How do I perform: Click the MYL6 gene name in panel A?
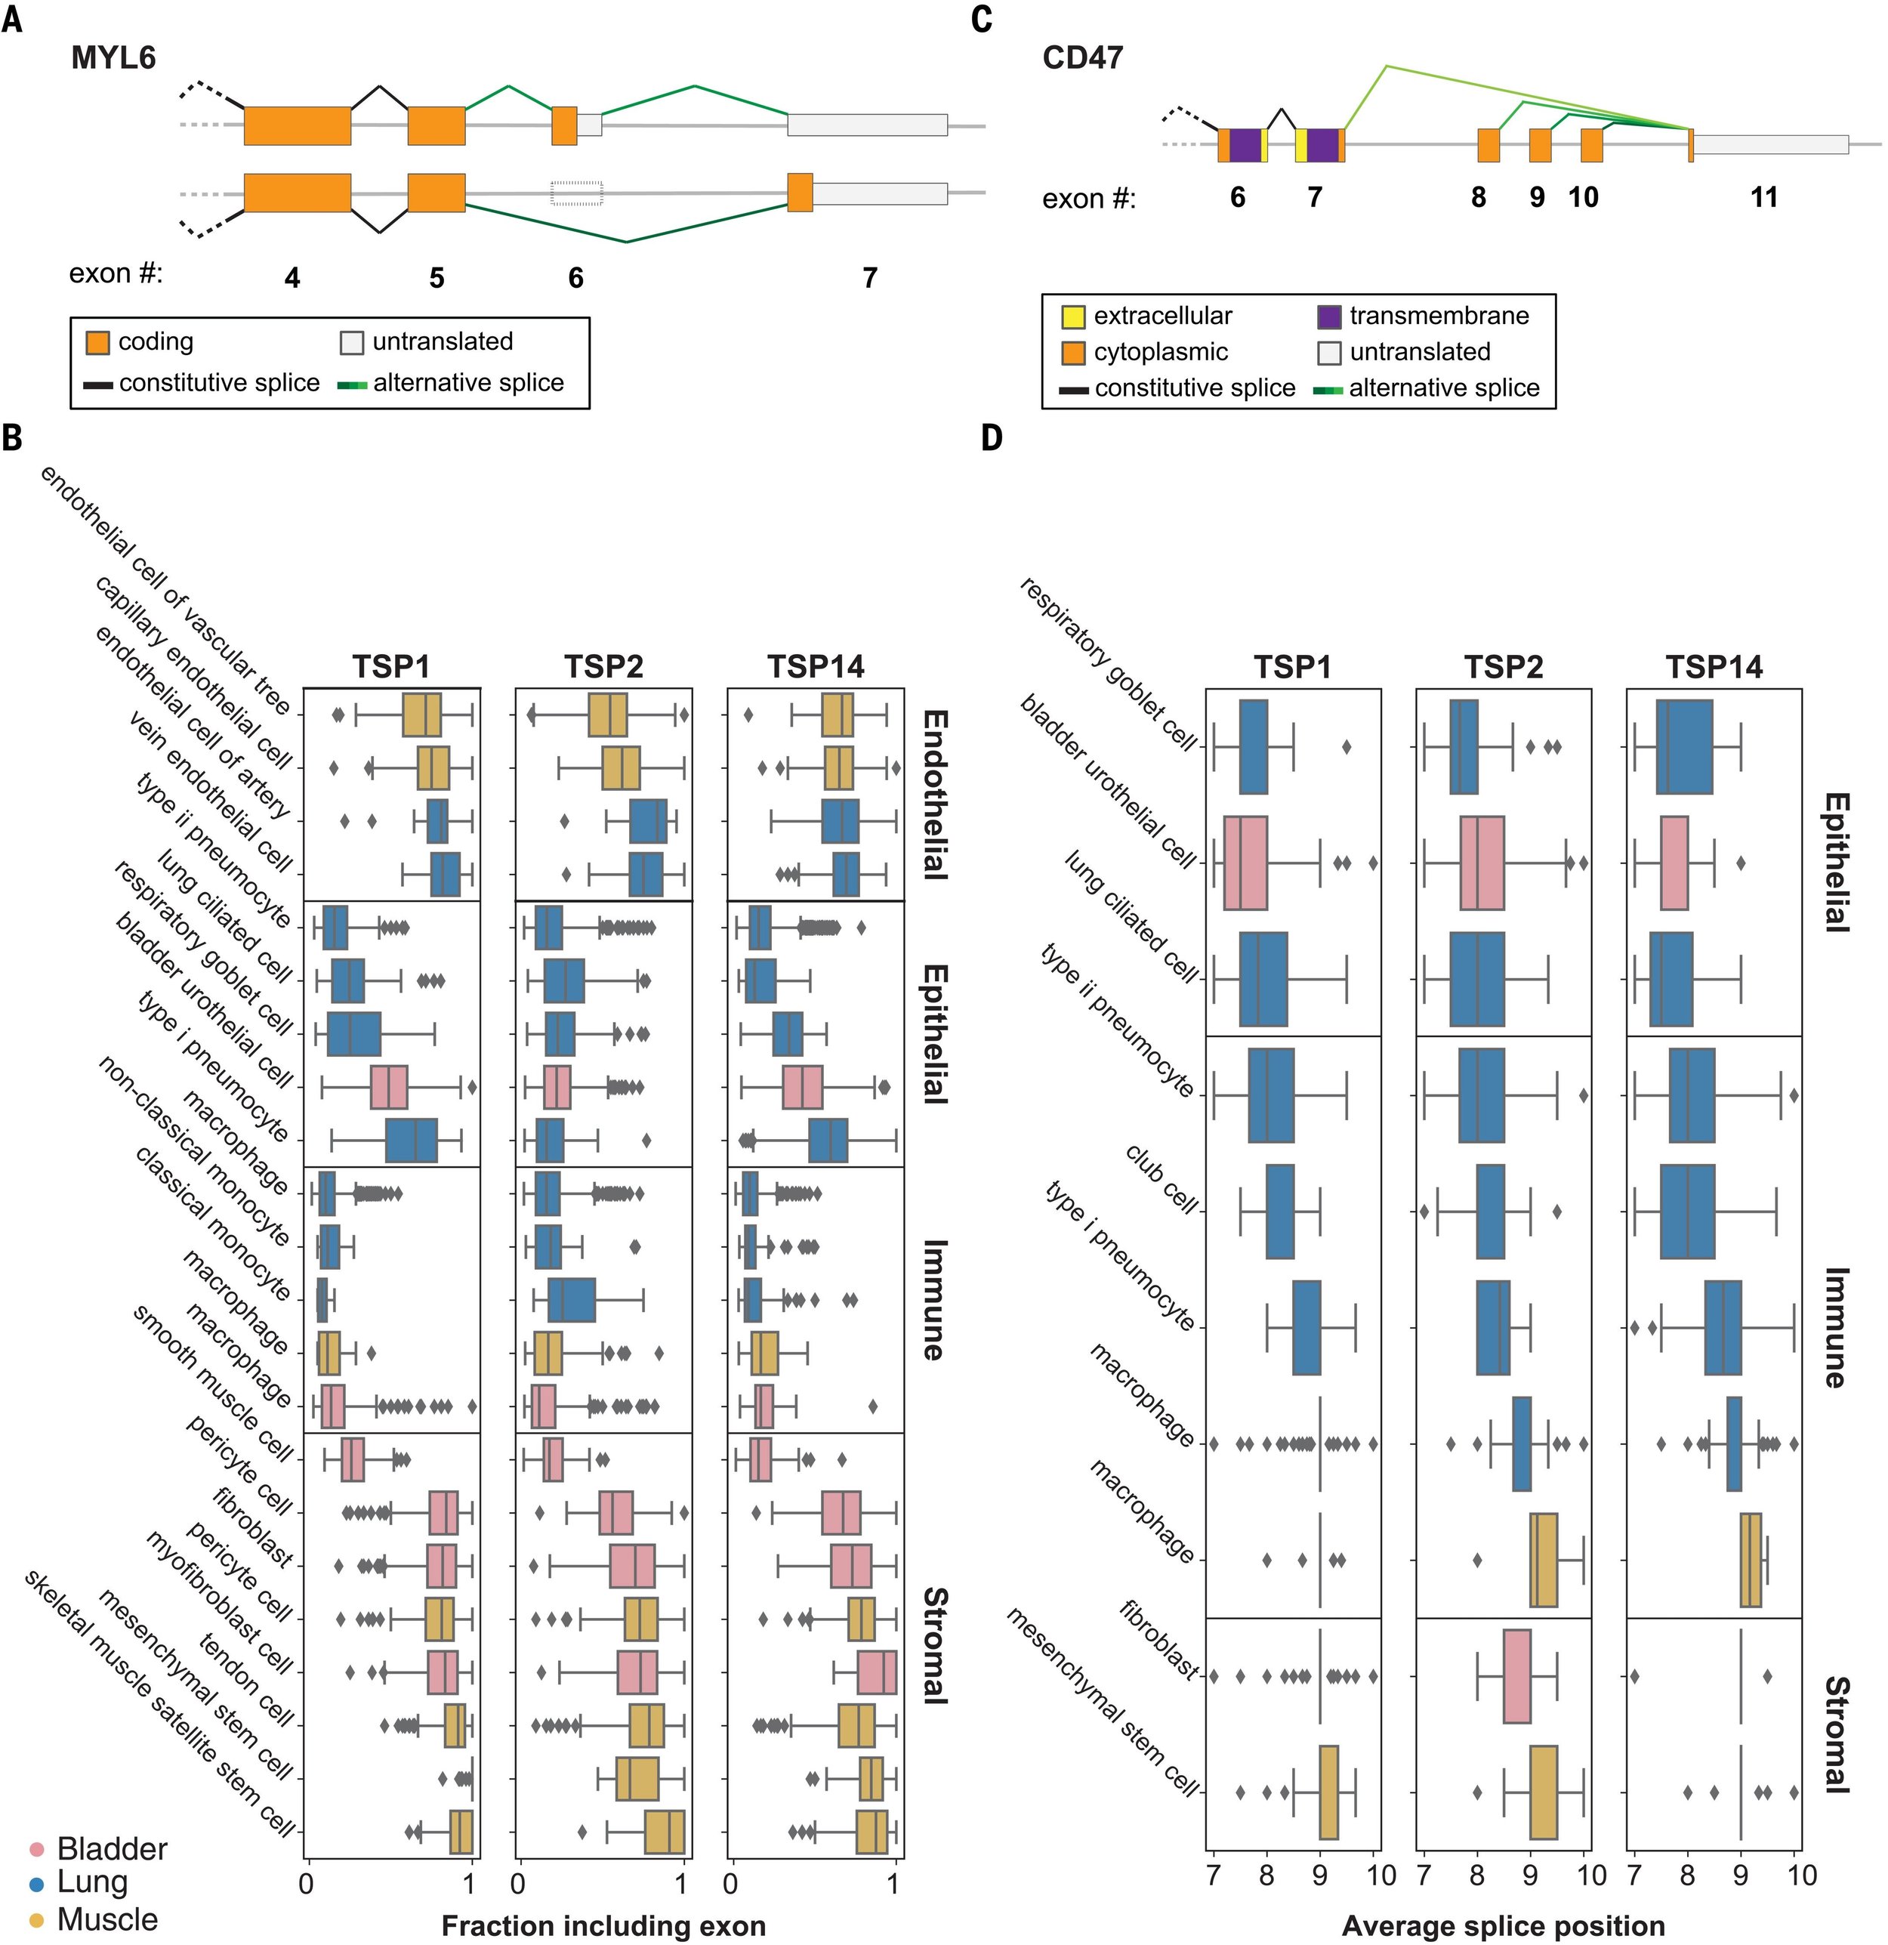coord(113,57)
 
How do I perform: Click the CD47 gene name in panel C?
coord(1082,57)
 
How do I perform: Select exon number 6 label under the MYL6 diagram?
coord(575,278)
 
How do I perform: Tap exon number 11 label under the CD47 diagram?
coord(1763,197)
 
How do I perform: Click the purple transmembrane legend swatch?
coord(1328,316)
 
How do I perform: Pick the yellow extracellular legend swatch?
coord(1072,316)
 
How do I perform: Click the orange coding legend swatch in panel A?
coord(97,342)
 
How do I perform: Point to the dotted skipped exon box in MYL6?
coord(576,193)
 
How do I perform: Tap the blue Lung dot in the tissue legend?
coord(37,1882)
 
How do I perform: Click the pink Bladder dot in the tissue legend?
coord(37,1850)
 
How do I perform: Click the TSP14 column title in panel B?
coord(816,667)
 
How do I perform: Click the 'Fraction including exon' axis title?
coord(603,1925)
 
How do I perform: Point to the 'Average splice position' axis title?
coord(1503,1925)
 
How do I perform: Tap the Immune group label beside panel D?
coord(1835,1327)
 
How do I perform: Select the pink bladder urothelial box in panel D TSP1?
coord(1245,863)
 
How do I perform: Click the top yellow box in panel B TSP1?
coord(421,715)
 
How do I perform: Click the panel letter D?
coord(991,437)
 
